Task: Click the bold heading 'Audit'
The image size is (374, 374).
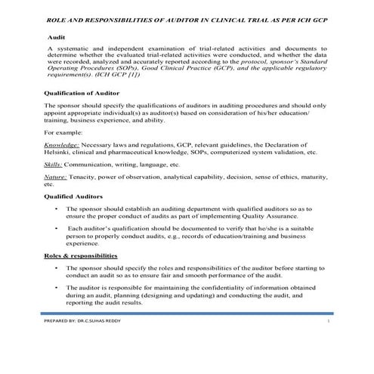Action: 55,36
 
